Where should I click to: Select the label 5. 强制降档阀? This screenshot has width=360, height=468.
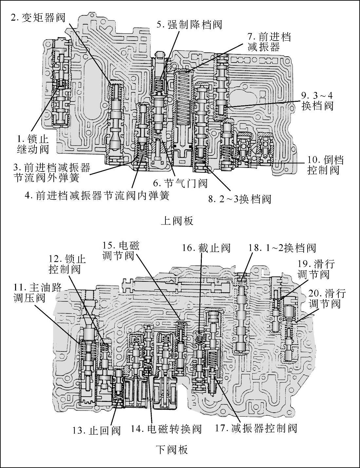click(189, 25)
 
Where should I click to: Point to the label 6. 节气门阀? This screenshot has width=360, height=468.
click(180, 183)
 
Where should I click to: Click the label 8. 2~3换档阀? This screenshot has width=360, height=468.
click(240, 199)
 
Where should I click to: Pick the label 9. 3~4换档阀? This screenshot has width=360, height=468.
click(317, 101)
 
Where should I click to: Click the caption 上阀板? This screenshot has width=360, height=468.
click(177, 221)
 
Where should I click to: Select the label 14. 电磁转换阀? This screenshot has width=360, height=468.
click(166, 429)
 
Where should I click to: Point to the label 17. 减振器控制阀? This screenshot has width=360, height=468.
click(256, 428)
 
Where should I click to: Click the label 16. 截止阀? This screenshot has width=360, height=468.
click(206, 248)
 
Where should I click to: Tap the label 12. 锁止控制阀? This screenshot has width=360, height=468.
click(67, 264)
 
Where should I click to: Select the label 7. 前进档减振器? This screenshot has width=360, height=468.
click(266, 42)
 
